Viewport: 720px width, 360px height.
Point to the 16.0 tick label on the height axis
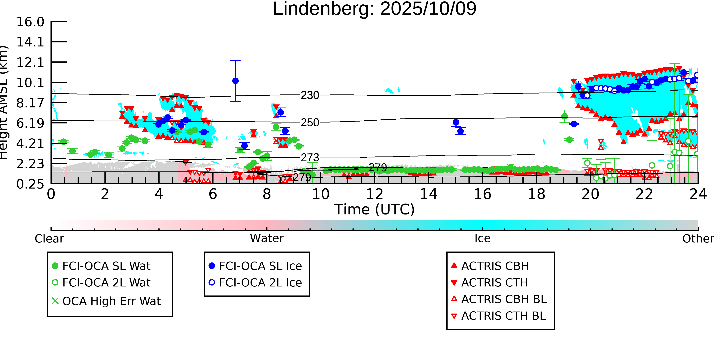[30, 22]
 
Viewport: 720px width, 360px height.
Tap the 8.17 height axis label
[30, 103]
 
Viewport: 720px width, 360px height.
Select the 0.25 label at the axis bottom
[30, 184]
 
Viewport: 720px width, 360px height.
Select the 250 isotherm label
[310, 123]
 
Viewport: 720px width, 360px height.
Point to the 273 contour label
[310, 158]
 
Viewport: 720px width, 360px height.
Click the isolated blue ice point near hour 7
[235, 81]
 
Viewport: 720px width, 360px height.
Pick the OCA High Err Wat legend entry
[111, 301]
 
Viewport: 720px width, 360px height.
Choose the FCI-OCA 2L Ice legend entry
[260, 283]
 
